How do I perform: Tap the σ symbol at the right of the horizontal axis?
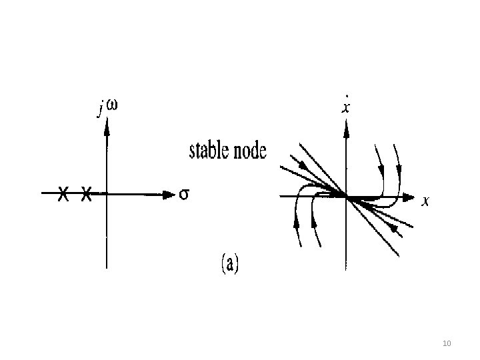[185, 195]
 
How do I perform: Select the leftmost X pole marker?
[62, 195]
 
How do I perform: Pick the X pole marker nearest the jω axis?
[86, 195]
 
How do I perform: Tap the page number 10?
[447, 343]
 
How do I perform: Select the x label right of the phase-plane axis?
[425, 201]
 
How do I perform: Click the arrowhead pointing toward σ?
[168, 195]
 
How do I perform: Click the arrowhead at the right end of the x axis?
[409, 197]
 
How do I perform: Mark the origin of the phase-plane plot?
[345, 196]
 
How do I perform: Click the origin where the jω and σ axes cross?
[106, 195]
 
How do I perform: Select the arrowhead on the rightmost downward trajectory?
[399, 163]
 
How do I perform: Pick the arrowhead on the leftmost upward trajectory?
[297, 221]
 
